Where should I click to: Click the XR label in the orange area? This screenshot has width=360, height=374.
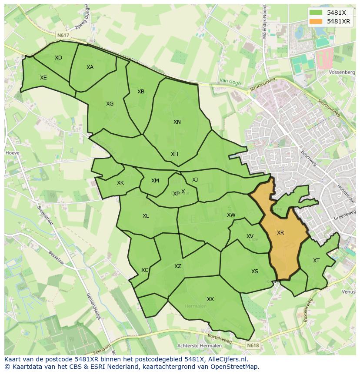coord(280,233)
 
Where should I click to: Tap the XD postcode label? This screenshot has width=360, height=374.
coord(58,58)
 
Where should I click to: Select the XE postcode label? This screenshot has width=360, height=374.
coord(43,78)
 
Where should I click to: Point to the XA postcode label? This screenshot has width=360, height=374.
coord(90,67)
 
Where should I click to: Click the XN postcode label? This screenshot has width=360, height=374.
coord(177,122)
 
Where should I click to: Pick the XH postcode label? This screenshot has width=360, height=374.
coord(174,154)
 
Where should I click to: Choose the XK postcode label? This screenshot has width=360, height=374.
coord(120,183)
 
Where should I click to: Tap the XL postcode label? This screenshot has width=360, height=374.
coord(146,216)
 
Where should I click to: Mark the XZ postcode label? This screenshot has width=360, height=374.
coord(177,266)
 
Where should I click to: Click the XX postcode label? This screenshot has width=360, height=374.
coord(210,299)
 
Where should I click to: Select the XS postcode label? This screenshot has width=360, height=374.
coord(255,271)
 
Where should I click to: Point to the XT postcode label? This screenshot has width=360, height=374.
coord(316,261)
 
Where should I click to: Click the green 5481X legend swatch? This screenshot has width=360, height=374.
coord(316,13)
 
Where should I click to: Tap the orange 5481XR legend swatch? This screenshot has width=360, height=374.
coord(316,21)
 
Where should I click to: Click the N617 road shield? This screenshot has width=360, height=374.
coord(63,35)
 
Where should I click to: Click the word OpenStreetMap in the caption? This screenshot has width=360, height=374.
coord(235,367)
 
